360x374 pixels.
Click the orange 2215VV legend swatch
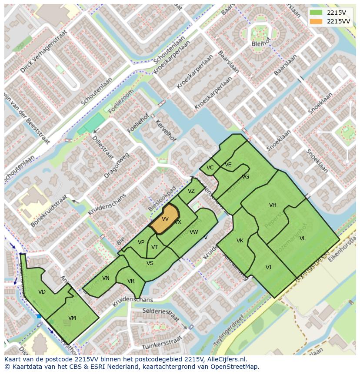click(x=316, y=21)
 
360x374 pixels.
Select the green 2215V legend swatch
click(x=316, y=13)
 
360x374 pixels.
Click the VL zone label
click(x=303, y=238)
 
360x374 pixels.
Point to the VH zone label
click(x=273, y=205)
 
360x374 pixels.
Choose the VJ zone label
click(x=268, y=268)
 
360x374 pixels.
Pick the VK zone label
click(x=240, y=241)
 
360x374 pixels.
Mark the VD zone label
click(x=42, y=292)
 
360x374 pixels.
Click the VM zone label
click(x=72, y=318)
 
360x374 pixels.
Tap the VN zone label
click(x=106, y=278)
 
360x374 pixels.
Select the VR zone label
click(x=131, y=281)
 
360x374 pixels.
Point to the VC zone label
click(x=210, y=168)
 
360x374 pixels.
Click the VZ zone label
click(x=191, y=191)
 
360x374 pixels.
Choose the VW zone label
click(x=194, y=232)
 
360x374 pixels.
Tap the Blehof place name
click(x=261, y=44)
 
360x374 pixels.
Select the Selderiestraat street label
click(x=161, y=314)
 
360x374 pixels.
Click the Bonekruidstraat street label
click(x=49, y=211)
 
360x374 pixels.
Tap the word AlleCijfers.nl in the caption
click(x=226, y=359)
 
